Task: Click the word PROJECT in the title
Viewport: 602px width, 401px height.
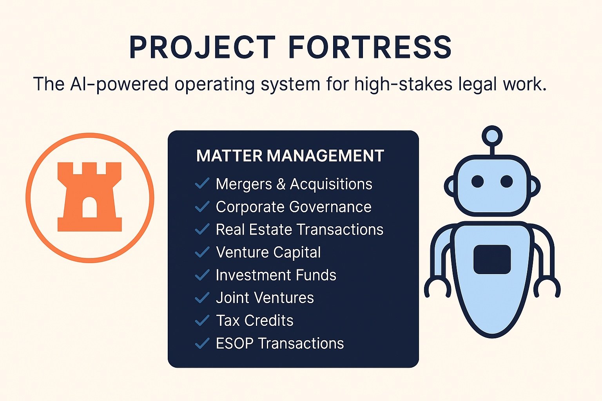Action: pyautogui.click(x=203, y=47)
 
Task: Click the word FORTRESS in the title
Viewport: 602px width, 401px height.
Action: pyautogui.click(x=370, y=47)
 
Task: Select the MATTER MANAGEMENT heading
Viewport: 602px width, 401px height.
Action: pyautogui.click(x=290, y=156)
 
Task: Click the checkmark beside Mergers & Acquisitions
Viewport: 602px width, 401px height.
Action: pyautogui.click(x=202, y=183)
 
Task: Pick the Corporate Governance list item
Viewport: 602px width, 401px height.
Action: pyautogui.click(x=294, y=207)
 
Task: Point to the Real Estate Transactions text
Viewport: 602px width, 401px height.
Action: pyautogui.click(x=299, y=229)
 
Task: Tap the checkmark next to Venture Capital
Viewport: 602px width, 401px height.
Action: pyautogui.click(x=202, y=252)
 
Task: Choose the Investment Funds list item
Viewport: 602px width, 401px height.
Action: pyautogui.click(x=276, y=275)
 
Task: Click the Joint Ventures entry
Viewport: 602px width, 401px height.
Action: pyautogui.click(x=265, y=298)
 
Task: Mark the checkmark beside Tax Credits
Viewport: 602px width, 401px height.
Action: pyautogui.click(x=202, y=320)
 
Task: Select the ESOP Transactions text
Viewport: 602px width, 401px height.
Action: pyautogui.click(x=280, y=343)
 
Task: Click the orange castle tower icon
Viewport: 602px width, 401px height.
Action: pyautogui.click(x=90, y=197)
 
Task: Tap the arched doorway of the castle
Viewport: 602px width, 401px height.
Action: pyautogui.click(x=89, y=207)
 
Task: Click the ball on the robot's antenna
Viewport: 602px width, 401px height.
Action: pyautogui.click(x=492, y=136)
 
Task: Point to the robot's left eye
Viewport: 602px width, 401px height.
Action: pyautogui.click(x=478, y=181)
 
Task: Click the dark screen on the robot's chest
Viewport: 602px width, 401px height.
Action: pyautogui.click(x=492, y=260)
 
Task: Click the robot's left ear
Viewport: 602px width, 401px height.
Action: pyautogui.click(x=450, y=186)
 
